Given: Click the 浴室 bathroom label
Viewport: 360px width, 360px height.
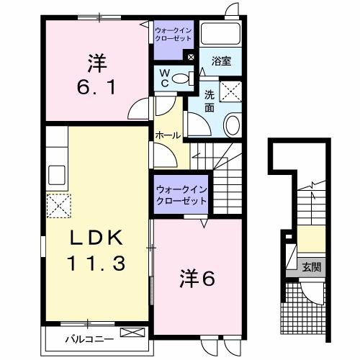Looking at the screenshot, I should pos(221,62).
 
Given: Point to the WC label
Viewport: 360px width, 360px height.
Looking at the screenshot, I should pos(164,77).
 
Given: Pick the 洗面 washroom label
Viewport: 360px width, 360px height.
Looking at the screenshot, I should pos(210,101).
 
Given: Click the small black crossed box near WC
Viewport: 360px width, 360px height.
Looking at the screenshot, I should pos(191,57).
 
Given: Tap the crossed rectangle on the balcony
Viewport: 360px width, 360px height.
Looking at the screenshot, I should pos(132,333).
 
